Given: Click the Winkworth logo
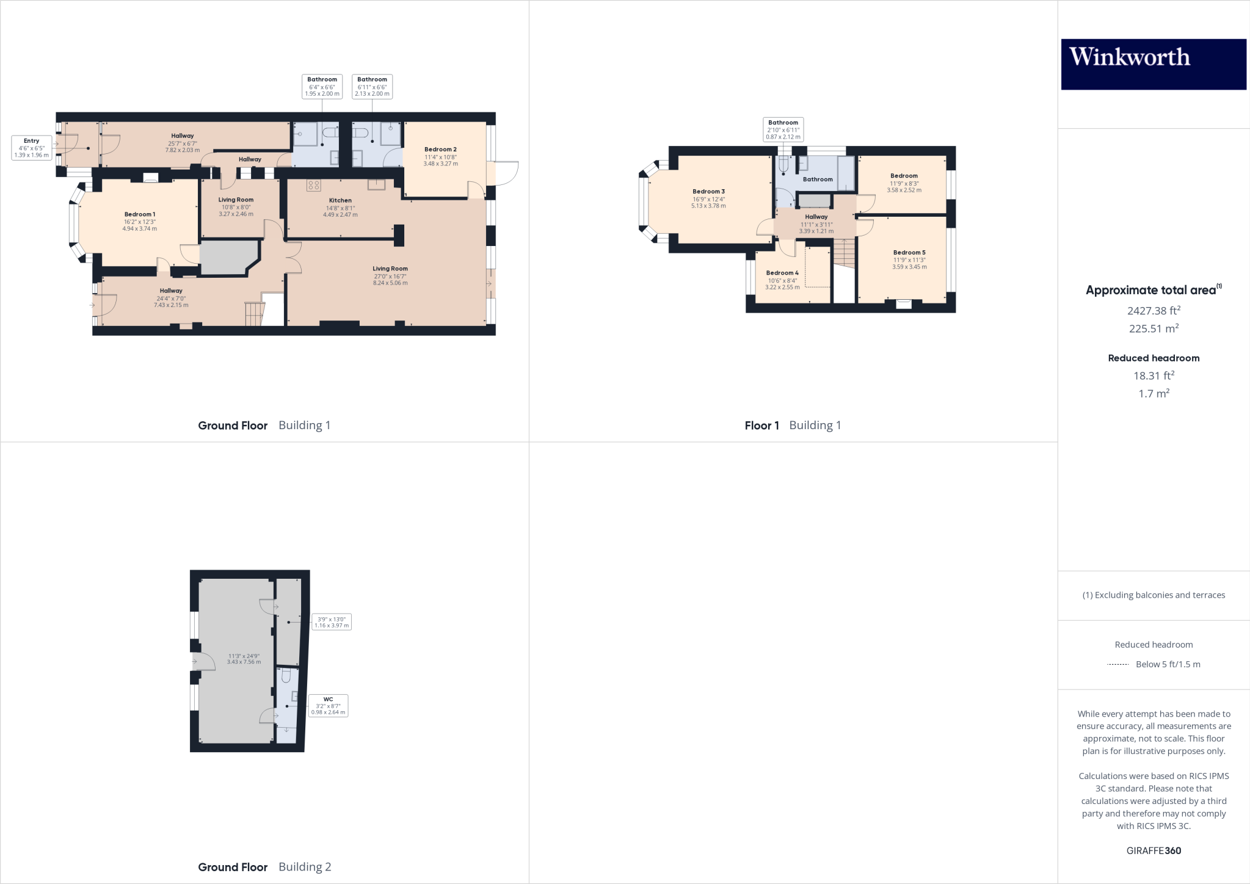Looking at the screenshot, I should (1153, 64).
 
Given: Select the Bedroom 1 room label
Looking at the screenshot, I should (140, 214).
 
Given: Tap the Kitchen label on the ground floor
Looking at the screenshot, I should (340, 200).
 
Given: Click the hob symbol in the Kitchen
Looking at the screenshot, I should (314, 185).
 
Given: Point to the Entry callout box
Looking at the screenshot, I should (31, 148).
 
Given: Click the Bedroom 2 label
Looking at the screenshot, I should (440, 150).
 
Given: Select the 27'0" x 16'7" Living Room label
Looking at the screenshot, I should (390, 269).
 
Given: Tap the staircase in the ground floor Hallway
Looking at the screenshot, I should (253, 314).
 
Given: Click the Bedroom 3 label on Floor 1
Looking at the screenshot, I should (708, 192).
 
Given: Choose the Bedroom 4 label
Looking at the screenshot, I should (782, 273).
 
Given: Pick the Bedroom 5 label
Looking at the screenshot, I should (909, 253).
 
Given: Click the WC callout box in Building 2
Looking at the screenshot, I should (329, 706).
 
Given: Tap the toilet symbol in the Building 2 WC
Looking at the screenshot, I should (286, 676).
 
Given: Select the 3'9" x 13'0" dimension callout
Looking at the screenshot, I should (332, 622).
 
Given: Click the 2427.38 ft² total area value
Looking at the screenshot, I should (1153, 311).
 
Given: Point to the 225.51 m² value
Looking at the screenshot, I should (1153, 328).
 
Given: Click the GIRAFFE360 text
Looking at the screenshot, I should (1154, 850).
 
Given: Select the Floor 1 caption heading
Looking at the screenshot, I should (761, 426).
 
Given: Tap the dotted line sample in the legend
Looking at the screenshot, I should (1117, 664).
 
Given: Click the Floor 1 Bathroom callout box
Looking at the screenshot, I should (783, 129).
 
